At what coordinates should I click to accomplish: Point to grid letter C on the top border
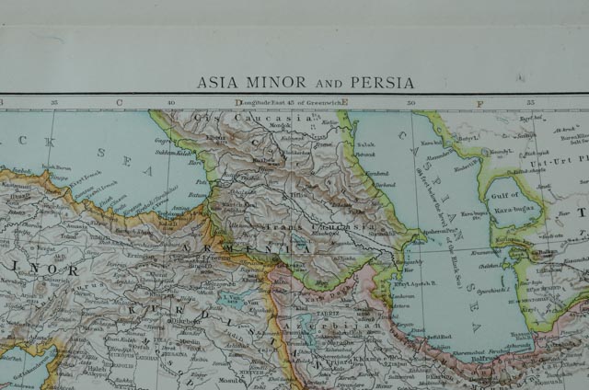click(x=119, y=102)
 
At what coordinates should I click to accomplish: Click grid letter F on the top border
click(x=479, y=102)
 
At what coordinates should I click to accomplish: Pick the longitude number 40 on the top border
click(x=171, y=103)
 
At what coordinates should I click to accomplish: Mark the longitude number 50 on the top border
click(x=411, y=103)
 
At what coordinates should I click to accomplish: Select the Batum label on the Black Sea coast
click(x=196, y=196)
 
